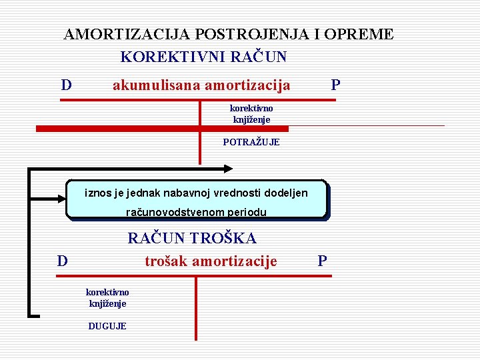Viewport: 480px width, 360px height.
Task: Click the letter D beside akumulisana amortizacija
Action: point(66,85)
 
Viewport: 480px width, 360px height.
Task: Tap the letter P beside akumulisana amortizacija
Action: point(335,85)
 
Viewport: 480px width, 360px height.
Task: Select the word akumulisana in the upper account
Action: point(157,85)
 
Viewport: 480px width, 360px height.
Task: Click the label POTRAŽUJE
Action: point(251,142)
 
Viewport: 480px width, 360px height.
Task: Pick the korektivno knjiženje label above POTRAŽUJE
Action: point(251,113)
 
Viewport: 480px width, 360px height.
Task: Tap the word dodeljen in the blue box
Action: point(286,193)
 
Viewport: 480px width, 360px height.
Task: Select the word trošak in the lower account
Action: point(166,261)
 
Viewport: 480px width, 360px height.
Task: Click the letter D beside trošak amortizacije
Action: point(62,261)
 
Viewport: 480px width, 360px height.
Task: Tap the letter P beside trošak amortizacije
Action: point(322,261)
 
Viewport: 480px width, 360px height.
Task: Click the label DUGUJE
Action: point(107,326)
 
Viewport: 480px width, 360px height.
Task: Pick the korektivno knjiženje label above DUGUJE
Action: point(107,297)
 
